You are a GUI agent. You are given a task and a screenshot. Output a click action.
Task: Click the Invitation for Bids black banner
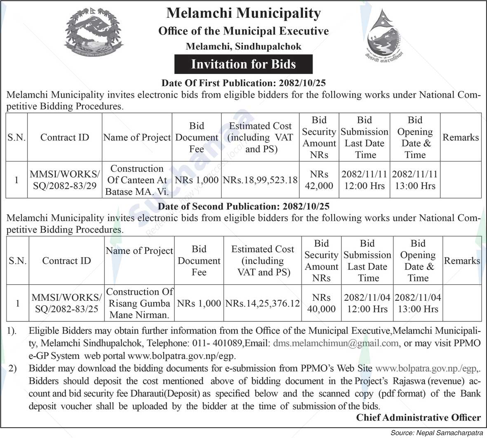click(243, 64)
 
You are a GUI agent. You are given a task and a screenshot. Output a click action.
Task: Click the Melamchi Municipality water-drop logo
click(384, 35)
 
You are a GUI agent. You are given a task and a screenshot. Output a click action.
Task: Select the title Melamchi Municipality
click(243, 13)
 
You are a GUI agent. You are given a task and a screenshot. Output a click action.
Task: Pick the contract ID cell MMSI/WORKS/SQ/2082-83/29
click(64, 180)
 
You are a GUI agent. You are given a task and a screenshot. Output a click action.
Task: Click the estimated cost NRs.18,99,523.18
click(260, 180)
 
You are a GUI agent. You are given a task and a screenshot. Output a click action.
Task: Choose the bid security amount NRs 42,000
click(319, 180)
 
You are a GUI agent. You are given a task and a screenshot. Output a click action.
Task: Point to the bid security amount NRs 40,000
click(321, 303)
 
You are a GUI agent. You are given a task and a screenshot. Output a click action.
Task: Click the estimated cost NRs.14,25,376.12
click(262, 303)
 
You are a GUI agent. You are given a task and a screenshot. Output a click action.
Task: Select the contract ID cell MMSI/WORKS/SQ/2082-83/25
click(66, 303)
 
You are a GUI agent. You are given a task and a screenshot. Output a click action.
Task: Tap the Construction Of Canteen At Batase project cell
click(137, 180)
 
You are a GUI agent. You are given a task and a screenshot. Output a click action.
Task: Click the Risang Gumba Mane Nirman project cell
click(139, 303)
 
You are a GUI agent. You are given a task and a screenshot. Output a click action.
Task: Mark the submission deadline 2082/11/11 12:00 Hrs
click(365, 180)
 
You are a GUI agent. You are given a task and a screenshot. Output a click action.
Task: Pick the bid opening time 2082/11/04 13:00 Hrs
click(418, 303)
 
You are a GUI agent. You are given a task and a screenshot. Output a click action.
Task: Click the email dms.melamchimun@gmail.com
click(336, 343)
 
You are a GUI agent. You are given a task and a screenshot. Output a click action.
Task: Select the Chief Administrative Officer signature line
click(418, 417)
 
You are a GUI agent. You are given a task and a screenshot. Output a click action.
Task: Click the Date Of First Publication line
click(243, 83)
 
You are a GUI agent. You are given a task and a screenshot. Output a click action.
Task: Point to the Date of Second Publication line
click(243, 206)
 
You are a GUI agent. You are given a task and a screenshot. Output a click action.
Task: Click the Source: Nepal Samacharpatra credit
click(437, 432)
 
